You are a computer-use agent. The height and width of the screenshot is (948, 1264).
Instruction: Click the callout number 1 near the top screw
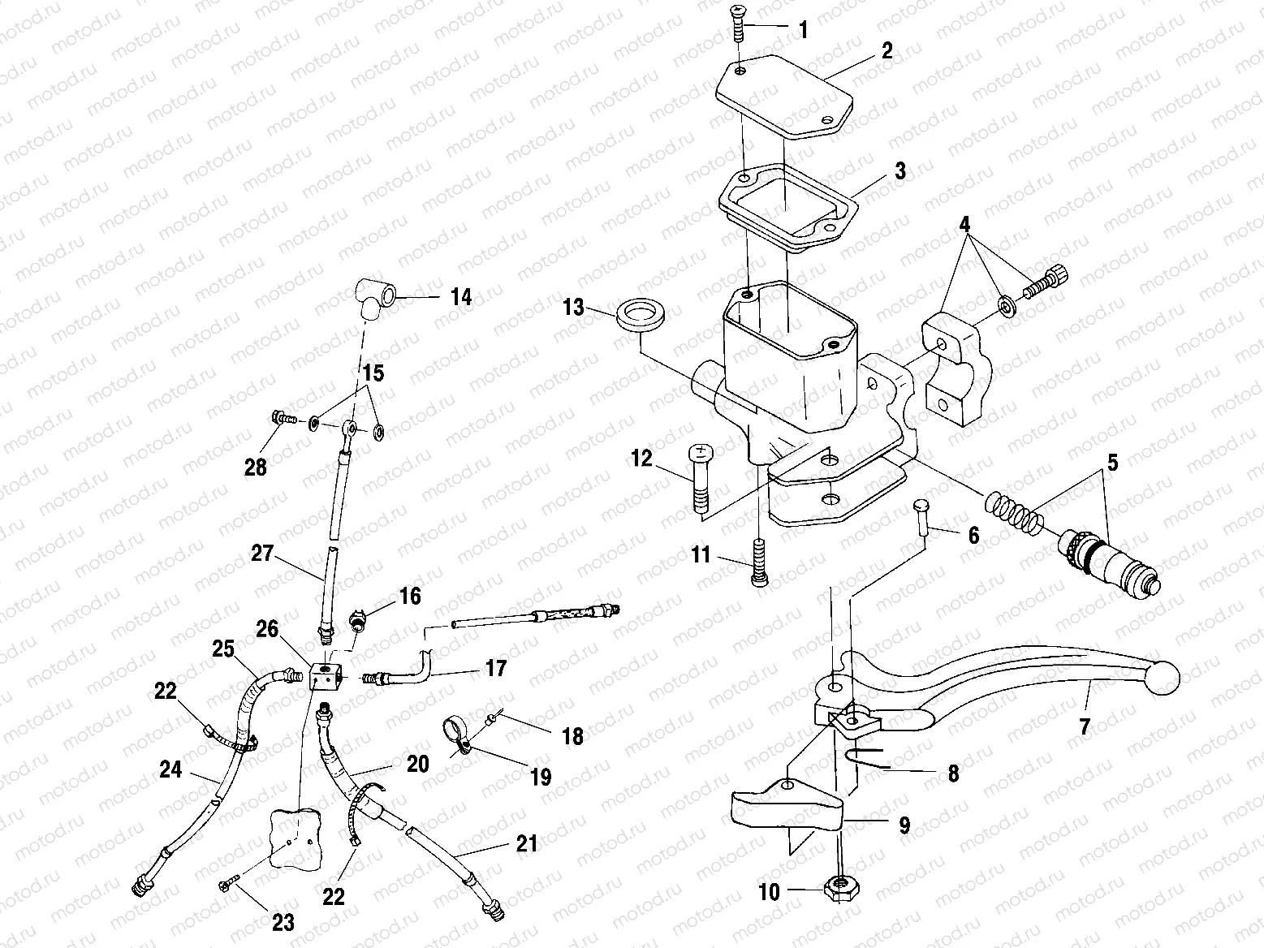click(803, 31)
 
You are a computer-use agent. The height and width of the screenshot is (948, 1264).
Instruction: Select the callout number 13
click(573, 307)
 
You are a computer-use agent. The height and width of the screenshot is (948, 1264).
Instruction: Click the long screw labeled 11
click(759, 560)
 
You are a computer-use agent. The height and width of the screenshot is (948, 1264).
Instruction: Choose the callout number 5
click(1111, 463)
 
